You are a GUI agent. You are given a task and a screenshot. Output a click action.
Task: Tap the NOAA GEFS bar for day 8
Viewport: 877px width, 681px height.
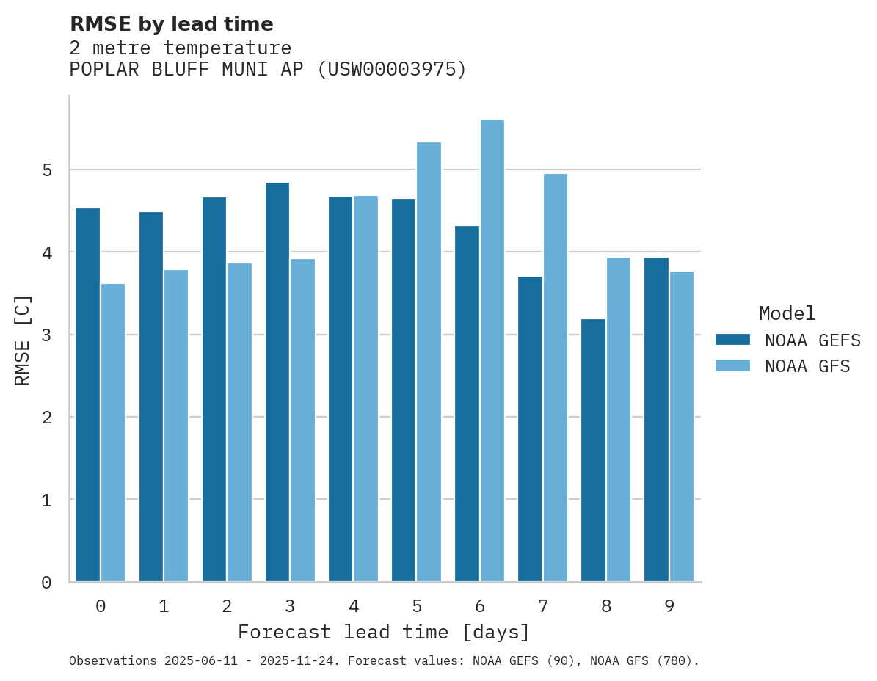tap(593, 451)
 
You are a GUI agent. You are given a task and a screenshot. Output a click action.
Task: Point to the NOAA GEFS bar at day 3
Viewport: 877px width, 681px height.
tap(277, 382)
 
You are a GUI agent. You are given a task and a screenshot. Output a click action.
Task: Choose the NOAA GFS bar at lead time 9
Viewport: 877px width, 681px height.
tap(682, 426)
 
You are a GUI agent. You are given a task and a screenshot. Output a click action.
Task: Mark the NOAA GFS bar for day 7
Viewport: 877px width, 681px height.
tap(556, 378)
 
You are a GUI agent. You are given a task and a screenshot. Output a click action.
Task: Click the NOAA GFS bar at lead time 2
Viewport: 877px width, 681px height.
tap(239, 423)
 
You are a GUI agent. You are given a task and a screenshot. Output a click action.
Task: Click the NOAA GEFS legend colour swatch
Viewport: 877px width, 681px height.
tap(732, 340)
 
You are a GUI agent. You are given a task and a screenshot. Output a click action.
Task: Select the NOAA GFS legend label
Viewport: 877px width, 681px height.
tap(807, 366)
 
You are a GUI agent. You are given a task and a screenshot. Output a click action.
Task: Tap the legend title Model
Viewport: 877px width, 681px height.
tap(787, 313)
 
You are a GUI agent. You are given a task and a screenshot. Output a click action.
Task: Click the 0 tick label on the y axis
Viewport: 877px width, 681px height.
tap(46, 583)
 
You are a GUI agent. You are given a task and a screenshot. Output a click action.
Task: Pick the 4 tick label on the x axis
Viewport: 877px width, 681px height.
tap(354, 606)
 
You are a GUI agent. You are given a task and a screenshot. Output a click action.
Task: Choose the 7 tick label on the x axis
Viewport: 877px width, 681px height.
tap(543, 606)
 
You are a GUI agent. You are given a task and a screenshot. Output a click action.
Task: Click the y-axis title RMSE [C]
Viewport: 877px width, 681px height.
tap(23, 339)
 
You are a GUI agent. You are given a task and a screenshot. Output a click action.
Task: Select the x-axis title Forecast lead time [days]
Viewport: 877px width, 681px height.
tap(383, 632)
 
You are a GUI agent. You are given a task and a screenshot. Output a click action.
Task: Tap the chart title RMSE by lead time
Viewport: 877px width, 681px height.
tap(171, 24)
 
